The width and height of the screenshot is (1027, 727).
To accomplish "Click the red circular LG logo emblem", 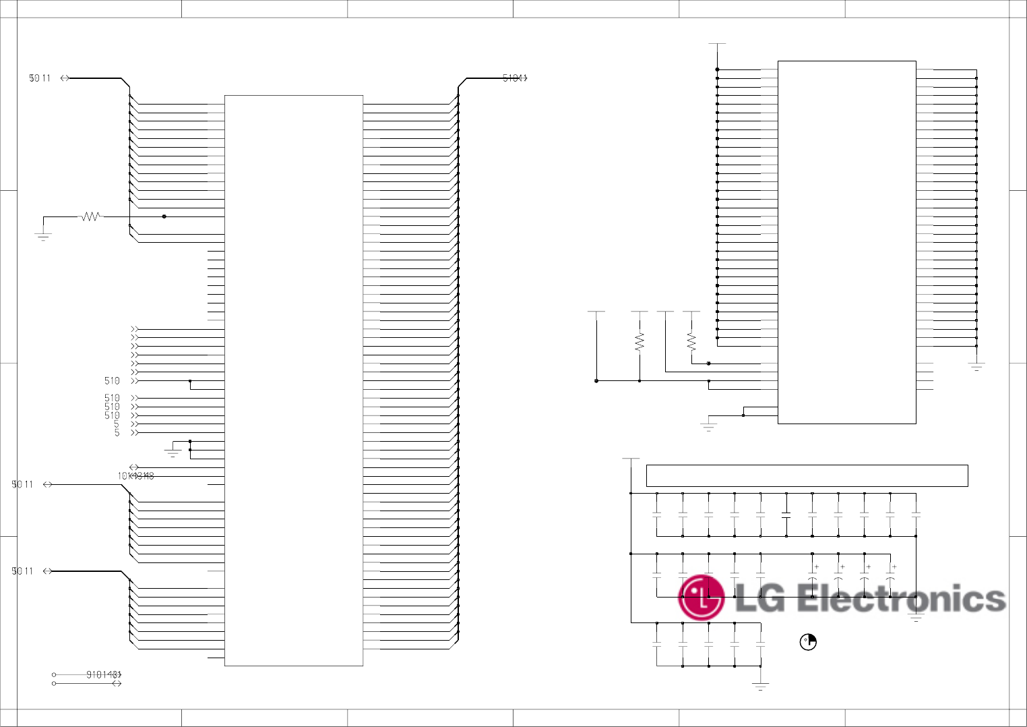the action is pyautogui.click(x=701, y=598).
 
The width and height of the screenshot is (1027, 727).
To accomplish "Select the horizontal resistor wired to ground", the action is pyautogui.click(x=90, y=216).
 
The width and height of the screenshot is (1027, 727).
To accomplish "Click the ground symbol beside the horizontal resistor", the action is pyautogui.click(x=43, y=236).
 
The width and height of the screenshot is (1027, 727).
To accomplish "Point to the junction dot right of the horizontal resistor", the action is pyautogui.click(x=164, y=216).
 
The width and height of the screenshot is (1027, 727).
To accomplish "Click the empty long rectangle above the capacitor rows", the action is pyautogui.click(x=807, y=475).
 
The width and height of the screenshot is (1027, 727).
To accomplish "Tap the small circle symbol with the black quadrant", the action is pyautogui.click(x=808, y=642).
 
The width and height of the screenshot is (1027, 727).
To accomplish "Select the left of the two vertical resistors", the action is pyautogui.click(x=640, y=341).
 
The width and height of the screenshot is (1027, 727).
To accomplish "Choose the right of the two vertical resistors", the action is pyautogui.click(x=691, y=341).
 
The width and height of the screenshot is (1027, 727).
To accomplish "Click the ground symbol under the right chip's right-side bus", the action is pyautogui.click(x=976, y=367).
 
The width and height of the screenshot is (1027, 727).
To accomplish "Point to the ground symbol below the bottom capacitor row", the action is pyautogui.click(x=760, y=687).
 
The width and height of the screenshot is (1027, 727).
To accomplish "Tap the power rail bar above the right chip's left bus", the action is pyautogui.click(x=717, y=44).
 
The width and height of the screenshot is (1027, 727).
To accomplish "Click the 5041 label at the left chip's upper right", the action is pyautogui.click(x=514, y=78).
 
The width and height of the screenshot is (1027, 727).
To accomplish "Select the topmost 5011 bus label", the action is pyautogui.click(x=40, y=78).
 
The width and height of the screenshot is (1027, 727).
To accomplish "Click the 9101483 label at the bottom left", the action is pyautogui.click(x=103, y=674).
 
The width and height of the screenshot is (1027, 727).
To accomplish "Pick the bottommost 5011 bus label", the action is pyautogui.click(x=22, y=571).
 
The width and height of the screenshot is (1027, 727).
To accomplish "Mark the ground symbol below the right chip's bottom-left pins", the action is pyautogui.click(x=708, y=426).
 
